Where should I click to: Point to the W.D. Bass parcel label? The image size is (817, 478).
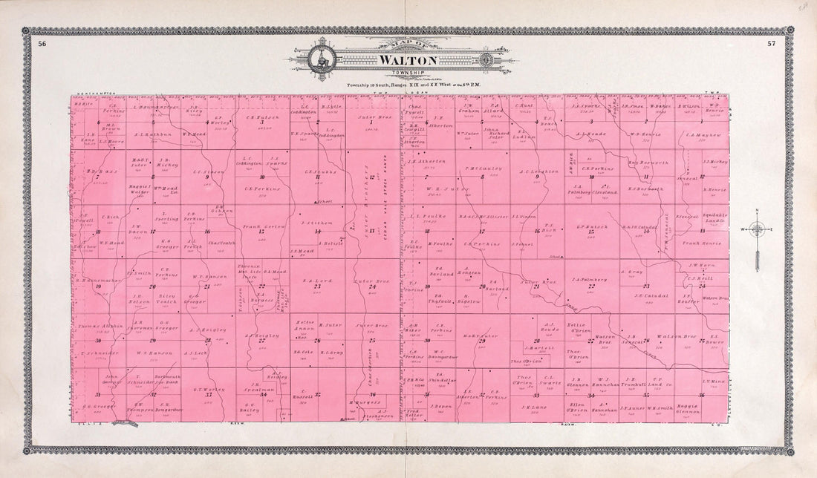pos(99,171)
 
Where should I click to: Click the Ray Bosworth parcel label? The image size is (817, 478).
pos(644,161)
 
